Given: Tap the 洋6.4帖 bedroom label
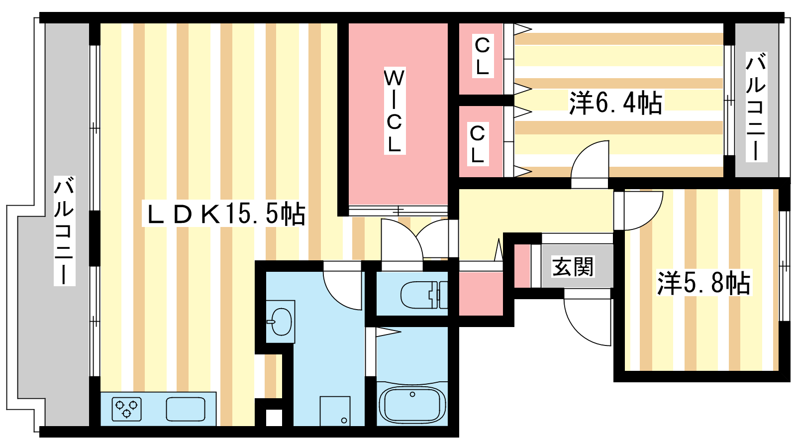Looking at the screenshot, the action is tap(616, 103).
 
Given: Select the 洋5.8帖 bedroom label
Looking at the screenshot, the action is tap(704, 283).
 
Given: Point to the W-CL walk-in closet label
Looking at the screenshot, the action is tap(395, 111).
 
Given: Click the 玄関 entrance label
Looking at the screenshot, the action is tap(573, 266).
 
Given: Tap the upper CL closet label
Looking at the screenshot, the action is tap(483, 56).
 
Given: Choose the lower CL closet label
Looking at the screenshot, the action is tap(478, 144).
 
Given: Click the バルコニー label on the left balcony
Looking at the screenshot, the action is tap(64, 231).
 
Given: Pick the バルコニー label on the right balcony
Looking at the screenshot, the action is tap(756, 107).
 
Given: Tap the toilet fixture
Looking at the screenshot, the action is tap(424, 294).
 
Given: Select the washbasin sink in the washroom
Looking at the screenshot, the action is tap(281, 322).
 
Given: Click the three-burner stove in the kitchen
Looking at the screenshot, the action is tap(126, 409).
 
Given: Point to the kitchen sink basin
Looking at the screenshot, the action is tap(186, 409).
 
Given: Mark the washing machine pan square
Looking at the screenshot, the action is tap(335, 411).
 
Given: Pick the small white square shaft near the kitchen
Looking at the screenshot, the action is tap(274, 418).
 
